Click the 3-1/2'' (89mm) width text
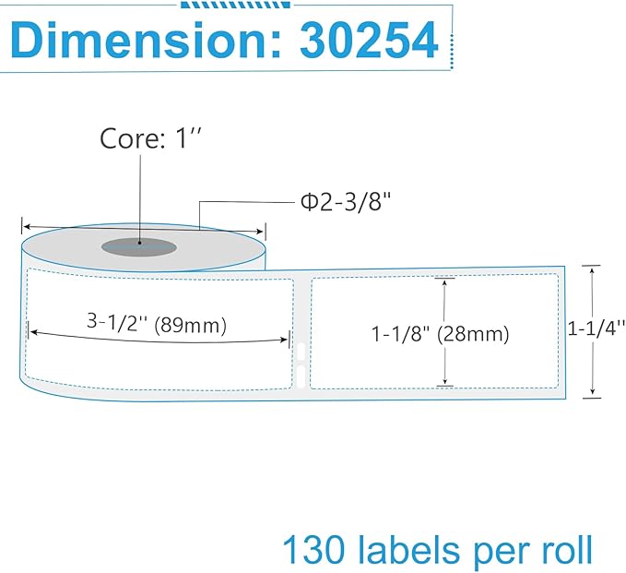tap(157, 324)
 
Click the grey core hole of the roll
tap(138, 245)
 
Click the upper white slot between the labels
tap(301, 352)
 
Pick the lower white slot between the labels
tap(301, 374)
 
